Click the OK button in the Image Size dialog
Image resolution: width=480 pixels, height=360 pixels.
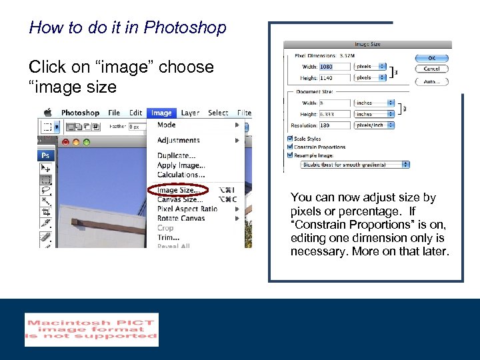[x=431, y=58]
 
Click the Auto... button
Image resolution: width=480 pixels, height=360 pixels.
[x=431, y=81]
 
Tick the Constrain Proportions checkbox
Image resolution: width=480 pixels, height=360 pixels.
[x=290, y=147]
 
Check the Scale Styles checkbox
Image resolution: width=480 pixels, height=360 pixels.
[x=290, y=139]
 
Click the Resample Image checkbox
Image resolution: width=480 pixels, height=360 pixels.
[x=290, y=155]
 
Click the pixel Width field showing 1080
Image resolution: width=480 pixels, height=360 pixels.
[x=335, y=67]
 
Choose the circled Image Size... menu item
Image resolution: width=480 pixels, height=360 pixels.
[x=177, y=190]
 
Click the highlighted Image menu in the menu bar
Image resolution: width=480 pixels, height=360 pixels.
[x=161, y=113]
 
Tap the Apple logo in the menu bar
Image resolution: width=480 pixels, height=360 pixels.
[x=48, y=113]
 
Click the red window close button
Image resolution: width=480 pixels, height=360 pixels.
[x=66, y=142]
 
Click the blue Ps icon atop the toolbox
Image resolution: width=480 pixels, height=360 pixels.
[x=45, y=155]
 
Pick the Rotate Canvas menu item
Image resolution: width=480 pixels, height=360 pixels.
[x=181, y=218]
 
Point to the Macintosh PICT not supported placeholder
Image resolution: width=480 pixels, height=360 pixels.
[x=91, y=329]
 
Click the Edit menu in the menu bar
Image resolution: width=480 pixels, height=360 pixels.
[x=136, y=113]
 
